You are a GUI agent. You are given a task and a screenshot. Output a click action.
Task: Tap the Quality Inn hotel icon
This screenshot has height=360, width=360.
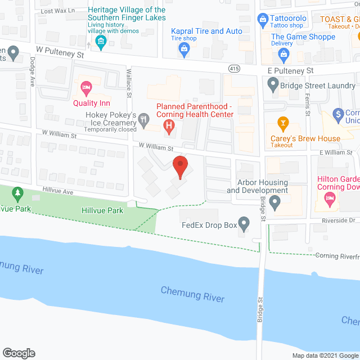86,88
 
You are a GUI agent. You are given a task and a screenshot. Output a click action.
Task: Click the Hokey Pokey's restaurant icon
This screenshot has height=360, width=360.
145,119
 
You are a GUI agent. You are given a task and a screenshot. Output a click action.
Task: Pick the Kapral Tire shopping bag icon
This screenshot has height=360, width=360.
184,49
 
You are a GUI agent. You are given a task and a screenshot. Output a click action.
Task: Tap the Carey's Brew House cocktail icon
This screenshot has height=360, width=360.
283,123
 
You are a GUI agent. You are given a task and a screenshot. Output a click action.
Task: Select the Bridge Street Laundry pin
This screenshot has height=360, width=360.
273,85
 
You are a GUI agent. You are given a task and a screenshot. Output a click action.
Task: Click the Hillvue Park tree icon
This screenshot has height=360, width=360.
17,195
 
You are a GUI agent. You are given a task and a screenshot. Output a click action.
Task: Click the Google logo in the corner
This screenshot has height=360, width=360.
18,353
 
